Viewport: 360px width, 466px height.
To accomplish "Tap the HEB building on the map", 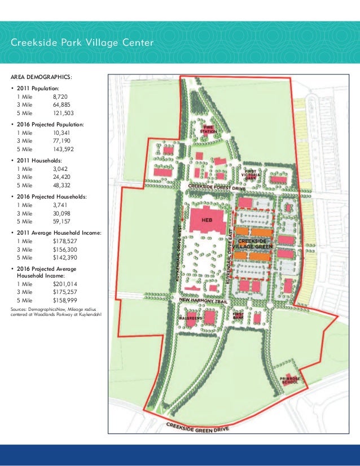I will click(207, 219).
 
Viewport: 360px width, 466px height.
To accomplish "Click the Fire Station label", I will click(212, 129).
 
